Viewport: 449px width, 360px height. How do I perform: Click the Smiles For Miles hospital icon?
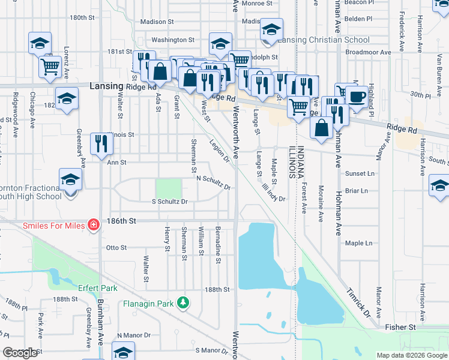coord(94,226)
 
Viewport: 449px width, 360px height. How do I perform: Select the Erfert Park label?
coord(95,287)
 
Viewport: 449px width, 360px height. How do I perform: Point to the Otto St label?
coord(116,247)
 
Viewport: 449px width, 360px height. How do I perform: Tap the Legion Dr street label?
coord(219,151)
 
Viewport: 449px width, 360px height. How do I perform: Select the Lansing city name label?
coord(106,86)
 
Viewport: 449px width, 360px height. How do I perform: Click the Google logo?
coord(20,353)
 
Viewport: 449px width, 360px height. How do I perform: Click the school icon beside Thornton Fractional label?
coord(70,179)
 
